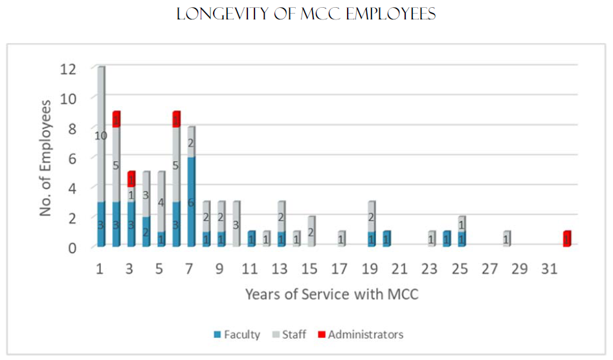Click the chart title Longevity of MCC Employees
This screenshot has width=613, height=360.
[306, 14]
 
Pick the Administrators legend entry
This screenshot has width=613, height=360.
[365, 335]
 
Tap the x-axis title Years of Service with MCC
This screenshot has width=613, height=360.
[331, 295]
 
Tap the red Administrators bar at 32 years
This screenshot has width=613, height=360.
[567, 239]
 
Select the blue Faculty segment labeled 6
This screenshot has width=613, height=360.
[191, 201]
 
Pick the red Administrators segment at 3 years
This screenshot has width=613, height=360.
[131, 179]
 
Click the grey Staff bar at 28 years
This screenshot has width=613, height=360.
[507, 239]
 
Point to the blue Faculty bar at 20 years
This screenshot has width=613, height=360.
[386, 239]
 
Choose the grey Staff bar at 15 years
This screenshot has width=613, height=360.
[311, 232]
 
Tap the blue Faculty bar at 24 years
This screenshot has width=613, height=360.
[447, 239]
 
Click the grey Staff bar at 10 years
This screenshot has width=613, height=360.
[236, 224]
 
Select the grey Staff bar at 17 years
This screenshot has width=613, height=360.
[341, 239]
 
